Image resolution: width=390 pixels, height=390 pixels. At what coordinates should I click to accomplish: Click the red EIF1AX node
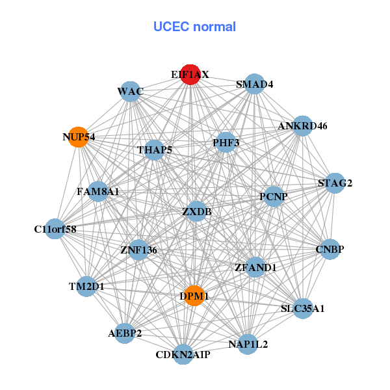click(x=190, y=75)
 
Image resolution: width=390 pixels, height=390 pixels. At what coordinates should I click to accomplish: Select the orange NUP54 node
click(x=78, y=137)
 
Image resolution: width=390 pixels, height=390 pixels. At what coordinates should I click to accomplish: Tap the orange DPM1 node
click(x=194, y=296)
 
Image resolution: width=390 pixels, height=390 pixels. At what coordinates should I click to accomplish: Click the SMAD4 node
click(x=255, y=84)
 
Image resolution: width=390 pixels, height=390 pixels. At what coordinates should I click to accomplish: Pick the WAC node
click(x=131, y=92)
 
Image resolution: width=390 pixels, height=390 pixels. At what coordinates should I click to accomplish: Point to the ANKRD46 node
click(x=302, y=125)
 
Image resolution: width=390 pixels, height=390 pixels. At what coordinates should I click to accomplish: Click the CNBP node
click(x=330, y=249)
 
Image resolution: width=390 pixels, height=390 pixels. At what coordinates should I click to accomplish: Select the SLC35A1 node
click(x=303, y=308)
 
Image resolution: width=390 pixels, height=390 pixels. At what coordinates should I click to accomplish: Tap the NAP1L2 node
click(x=248, y=343)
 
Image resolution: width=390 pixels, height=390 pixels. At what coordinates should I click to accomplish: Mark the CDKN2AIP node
click(x=183, y=354)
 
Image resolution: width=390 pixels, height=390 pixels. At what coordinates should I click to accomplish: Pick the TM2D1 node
click(x=86, y=286)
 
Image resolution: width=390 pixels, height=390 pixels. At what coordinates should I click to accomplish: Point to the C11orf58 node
click(x=56, y=229)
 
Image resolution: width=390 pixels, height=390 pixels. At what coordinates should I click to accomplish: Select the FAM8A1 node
click(x=97, y=192)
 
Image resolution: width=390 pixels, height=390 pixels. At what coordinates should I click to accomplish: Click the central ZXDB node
click(x=196, y=211)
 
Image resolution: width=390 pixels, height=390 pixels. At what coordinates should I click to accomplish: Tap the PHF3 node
click(x=226, y=142)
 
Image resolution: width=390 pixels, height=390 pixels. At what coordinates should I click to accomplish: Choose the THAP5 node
click(x=155, y=150)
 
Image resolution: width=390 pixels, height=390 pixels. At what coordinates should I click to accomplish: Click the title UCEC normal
click(x=194, y=27)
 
